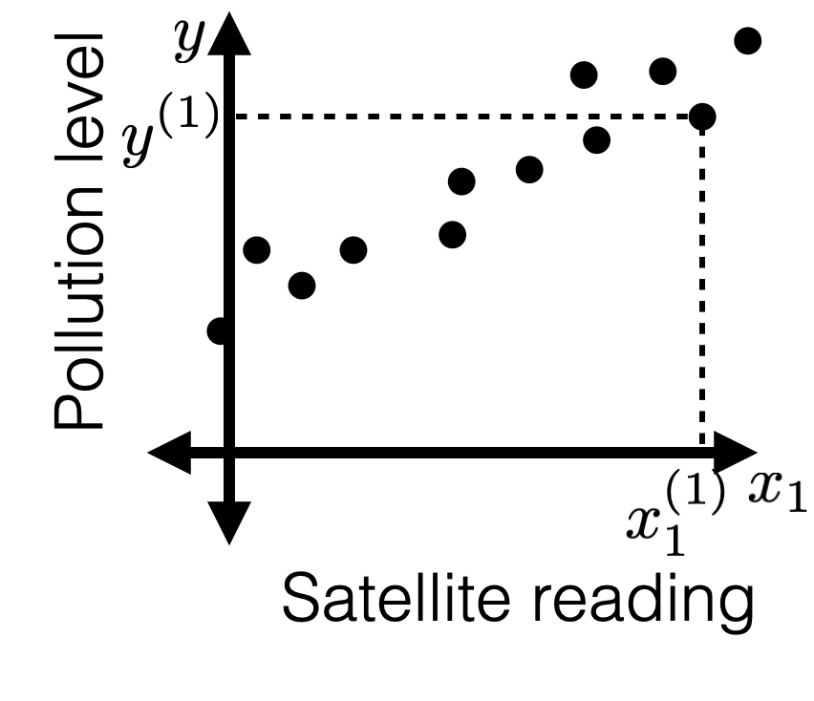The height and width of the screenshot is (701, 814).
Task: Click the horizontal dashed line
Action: point(459,117)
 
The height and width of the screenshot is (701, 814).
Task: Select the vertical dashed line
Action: point(703,287)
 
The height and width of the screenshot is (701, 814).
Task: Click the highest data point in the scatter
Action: point(747,40)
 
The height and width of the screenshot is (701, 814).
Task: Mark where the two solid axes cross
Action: point(228,451)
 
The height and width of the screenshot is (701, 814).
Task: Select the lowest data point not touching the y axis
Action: point(302,285)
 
